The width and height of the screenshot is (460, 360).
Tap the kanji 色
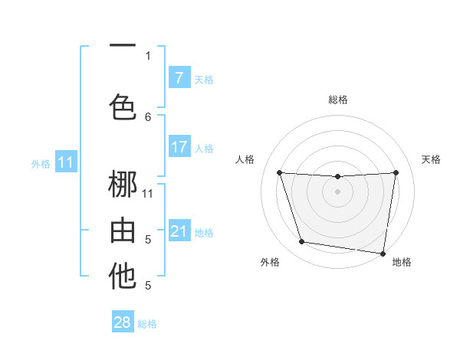pos(123,106)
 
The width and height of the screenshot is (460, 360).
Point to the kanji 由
pos(123,230)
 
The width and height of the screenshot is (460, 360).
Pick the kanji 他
pos(123,277)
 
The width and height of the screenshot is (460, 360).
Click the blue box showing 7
pos(179,78)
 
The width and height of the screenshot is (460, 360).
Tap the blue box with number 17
pos(179,147)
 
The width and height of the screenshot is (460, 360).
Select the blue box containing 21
pos(179,231)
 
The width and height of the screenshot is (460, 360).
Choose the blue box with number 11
pos(66,162)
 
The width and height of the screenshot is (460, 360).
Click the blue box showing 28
pos(123,322)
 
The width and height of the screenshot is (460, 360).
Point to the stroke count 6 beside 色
pos(148,116)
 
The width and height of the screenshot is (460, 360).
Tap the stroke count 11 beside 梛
pos(148,193)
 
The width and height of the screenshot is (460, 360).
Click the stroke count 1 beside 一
pos(148,55)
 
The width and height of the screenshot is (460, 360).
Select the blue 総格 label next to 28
pos(147,324)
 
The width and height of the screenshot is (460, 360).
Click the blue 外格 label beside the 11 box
pos(40,163)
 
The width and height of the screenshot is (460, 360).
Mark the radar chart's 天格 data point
pos(396,172)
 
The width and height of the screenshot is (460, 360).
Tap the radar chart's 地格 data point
pos(383,253)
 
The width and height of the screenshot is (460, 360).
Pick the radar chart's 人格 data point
pos(279,172)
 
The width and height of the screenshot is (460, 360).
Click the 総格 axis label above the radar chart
pos(337,100)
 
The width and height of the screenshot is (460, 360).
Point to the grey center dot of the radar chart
pos(337,191)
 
